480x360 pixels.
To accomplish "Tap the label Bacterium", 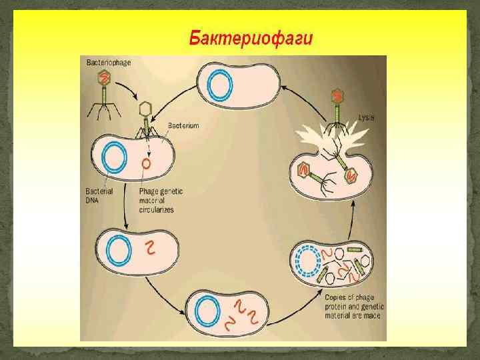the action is (183, 125).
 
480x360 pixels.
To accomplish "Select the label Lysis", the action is (366, 117).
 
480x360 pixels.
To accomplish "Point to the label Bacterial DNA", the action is (99, 195).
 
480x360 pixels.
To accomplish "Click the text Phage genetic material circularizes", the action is (161, 199).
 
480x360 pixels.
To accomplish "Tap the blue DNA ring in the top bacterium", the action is (219, 85).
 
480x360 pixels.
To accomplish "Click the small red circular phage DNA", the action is (146, 162).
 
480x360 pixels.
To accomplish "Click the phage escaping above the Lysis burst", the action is (338, 107).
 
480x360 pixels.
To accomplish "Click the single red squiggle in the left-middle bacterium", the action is (152, 249).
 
